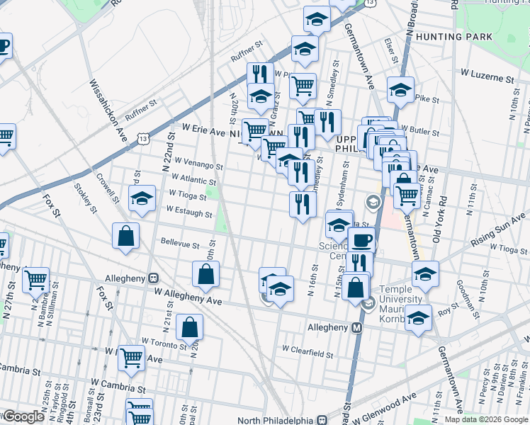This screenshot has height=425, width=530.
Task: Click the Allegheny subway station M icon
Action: (357, 327)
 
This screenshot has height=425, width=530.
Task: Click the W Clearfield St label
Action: (308, 349)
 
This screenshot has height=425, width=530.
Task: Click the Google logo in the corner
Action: (23, 416)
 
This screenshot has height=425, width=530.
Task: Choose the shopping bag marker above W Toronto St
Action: (190, 327)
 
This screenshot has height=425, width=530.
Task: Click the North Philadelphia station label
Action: (278, 419)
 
